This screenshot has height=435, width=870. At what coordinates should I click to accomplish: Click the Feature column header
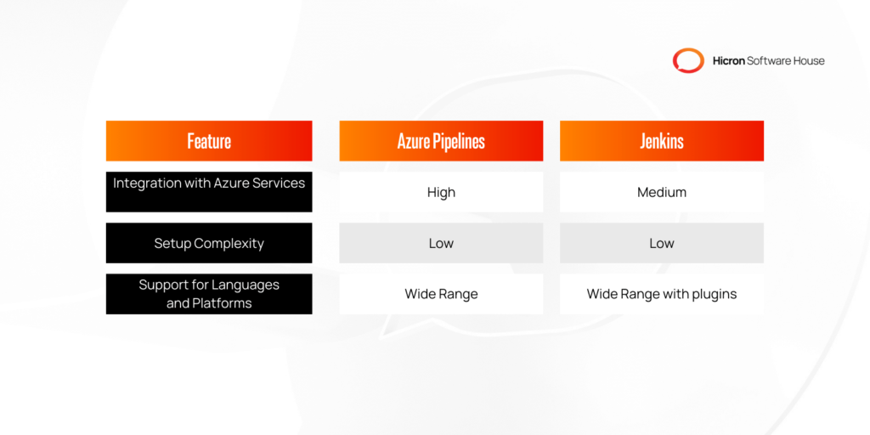tap(209, 141)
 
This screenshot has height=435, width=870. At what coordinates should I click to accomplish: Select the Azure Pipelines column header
tap(441, 141)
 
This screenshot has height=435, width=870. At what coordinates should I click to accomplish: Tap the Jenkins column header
tap(661, 141)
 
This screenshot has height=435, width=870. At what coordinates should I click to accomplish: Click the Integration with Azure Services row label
tap(209, 184)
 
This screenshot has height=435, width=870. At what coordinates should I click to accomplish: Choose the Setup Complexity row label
tap(209, 243)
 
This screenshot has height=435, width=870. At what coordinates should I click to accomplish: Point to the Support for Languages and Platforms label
tap(209, 294)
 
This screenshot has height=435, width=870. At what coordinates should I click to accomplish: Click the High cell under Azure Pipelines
tap(441, 192)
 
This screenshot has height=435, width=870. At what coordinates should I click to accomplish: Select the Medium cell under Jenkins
tap(661, 192)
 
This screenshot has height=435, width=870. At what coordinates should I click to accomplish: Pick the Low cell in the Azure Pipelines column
tap(441, 243)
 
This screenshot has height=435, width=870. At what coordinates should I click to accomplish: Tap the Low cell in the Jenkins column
tap(661, 243)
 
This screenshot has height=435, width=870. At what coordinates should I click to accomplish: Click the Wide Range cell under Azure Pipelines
tap(441, 294)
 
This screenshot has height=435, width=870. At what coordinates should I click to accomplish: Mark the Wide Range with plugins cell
tap(661, 294)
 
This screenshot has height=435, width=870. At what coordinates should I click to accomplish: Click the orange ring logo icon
tap(688, 60)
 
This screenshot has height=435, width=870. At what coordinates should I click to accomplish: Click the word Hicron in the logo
tap(727, 60)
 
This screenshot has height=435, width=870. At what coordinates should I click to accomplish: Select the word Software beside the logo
tap(769, 60)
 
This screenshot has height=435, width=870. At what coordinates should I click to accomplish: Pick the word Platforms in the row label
tap(222, 303)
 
